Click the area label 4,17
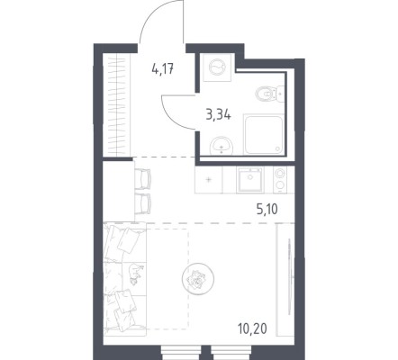163,69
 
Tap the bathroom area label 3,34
219,114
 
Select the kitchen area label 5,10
267,209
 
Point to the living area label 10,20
253,329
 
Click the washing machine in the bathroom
217,67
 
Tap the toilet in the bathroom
269,94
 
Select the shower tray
264,135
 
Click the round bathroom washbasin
222,146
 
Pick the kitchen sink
249,180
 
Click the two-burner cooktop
280,179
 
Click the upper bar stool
142,179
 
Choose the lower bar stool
142,203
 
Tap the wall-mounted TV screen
289,275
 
